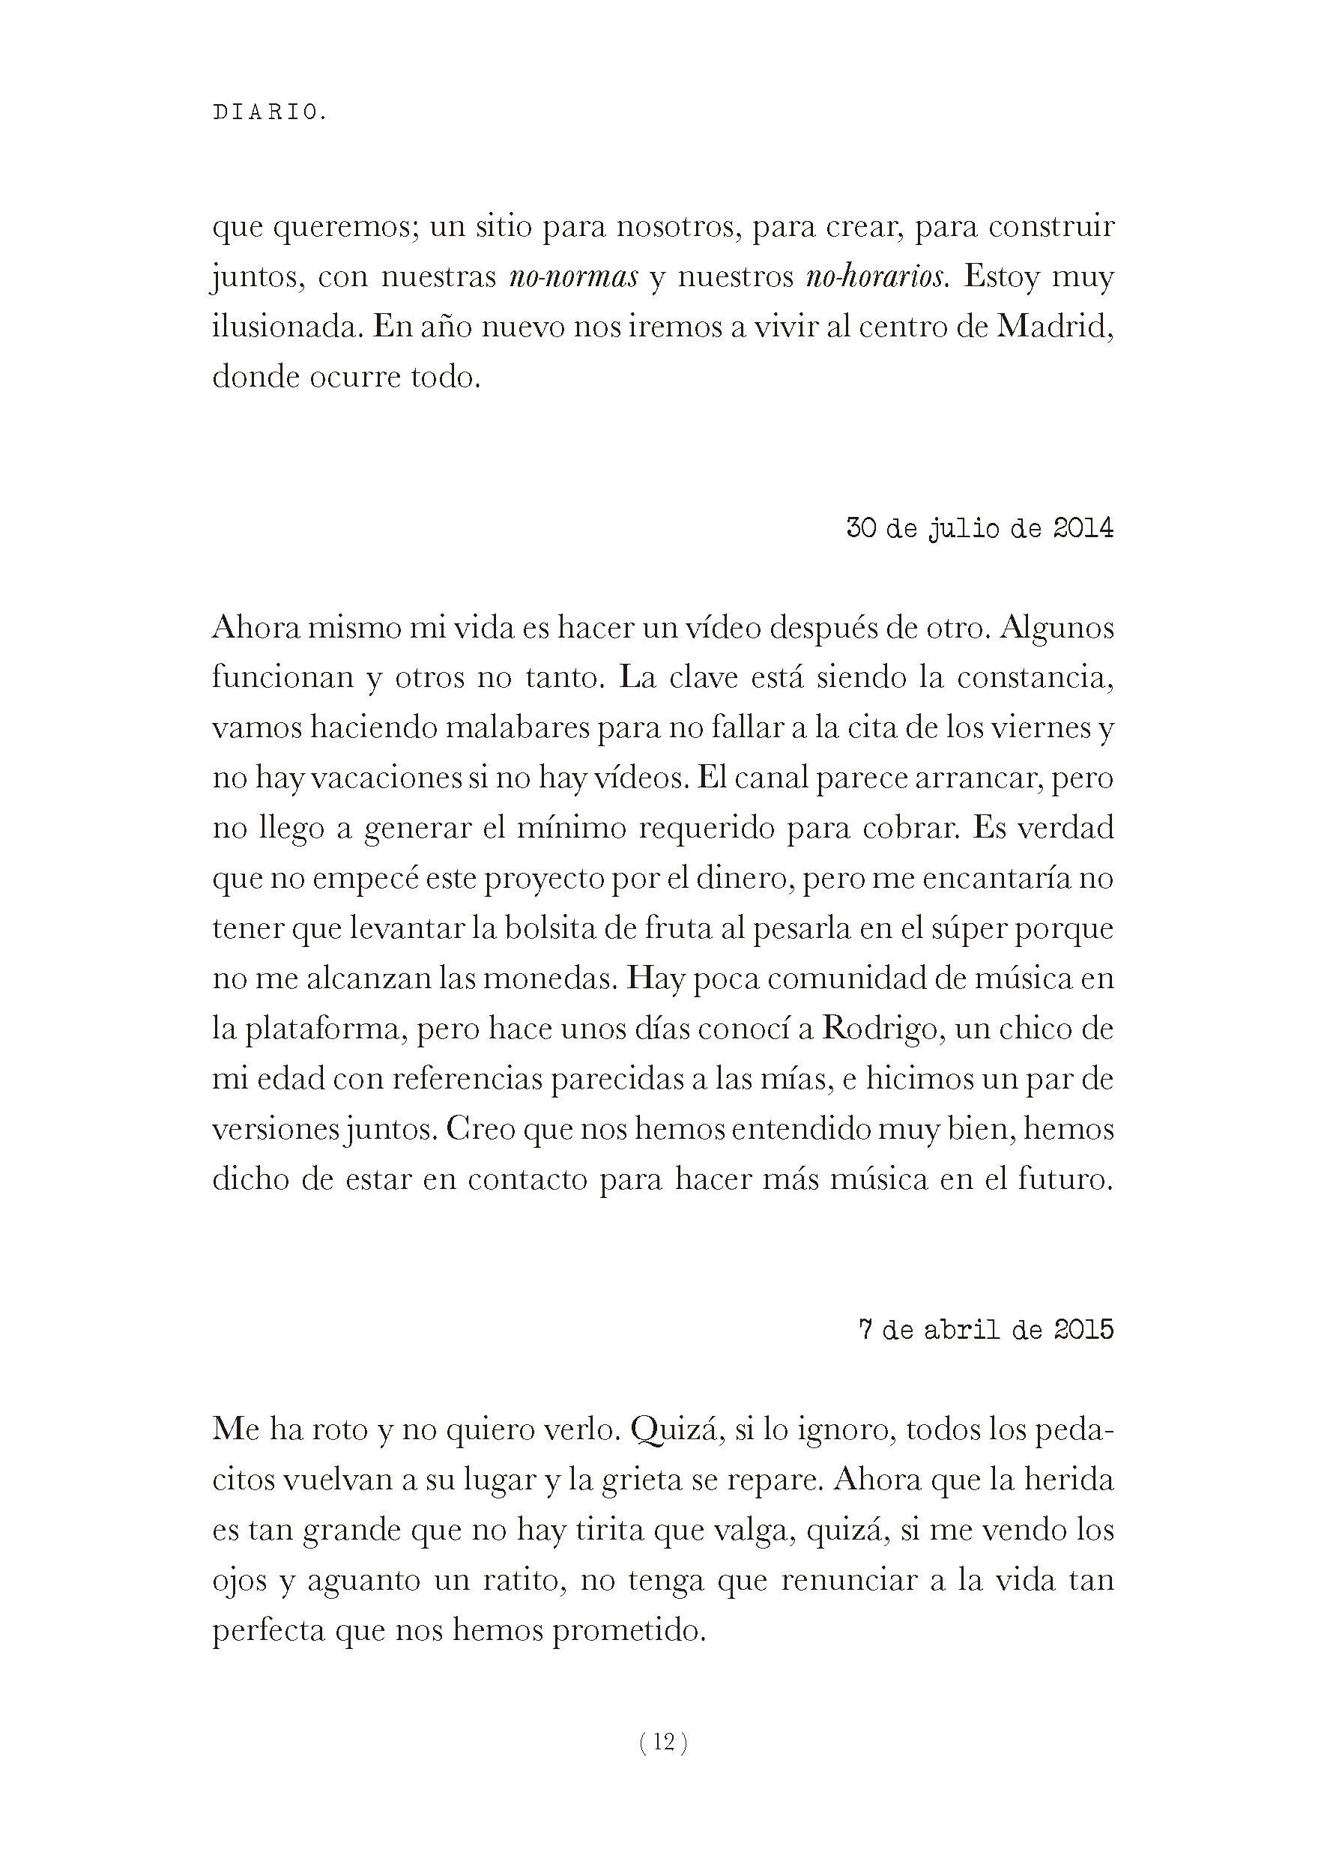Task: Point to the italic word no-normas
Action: coord(572,277)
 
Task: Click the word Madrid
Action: coord(1055,327)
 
